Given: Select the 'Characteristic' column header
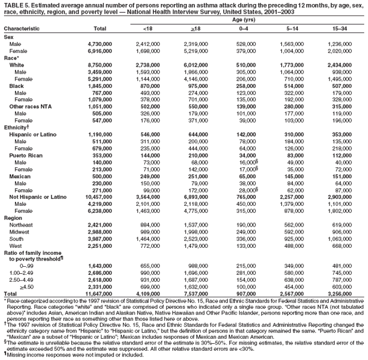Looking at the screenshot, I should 22,28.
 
